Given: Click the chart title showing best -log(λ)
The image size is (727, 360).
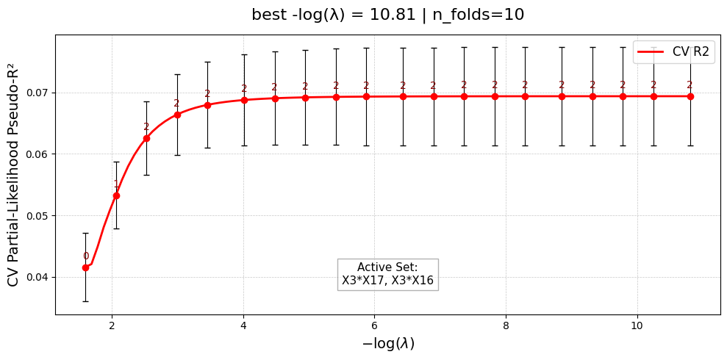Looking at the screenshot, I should coord(387,15).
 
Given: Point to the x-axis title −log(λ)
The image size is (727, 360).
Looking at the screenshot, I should coord(388,343).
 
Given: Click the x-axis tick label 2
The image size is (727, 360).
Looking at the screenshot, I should coord(112,325).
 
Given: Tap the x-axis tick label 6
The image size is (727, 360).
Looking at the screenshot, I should coord(374,325).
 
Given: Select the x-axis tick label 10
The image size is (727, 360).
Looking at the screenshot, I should coord(637,325).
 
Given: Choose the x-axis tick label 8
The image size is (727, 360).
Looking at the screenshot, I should coord(506,325).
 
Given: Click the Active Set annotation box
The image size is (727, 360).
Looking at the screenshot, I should coord(387,274).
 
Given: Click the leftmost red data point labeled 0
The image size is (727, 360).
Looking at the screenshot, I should coord(85,267).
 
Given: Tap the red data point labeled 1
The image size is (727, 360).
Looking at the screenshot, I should coord(116,195).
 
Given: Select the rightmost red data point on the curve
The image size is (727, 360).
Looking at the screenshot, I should coord(690,96).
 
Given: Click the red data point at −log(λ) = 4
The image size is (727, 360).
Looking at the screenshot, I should coord(244,100).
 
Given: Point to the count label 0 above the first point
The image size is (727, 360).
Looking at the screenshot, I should coord(85,256).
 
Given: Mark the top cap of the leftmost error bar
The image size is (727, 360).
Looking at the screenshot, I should coord(85,233).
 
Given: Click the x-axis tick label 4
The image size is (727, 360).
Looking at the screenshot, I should coord(243,325).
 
